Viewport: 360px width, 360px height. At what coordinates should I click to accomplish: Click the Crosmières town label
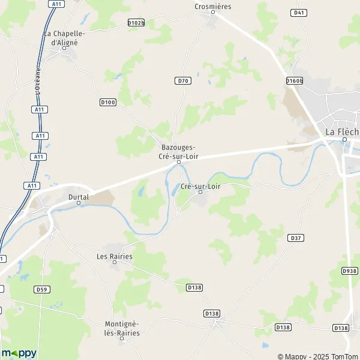point(212,7)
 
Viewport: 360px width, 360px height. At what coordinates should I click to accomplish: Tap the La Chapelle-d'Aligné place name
point(65,38)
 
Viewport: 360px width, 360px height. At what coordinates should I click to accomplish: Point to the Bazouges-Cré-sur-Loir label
point(178,152)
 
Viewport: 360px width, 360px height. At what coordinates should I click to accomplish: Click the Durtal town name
point(79,196)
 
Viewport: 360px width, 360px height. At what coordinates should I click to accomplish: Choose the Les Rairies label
point(114,256)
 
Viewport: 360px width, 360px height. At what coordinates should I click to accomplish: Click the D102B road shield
point(136,22)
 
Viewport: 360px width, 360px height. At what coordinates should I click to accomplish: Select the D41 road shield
point(298,12)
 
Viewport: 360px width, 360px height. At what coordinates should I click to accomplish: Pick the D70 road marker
point(183,80)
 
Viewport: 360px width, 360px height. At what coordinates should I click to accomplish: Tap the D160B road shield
point(295,80)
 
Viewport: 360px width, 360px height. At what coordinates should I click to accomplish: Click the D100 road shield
point(107,103)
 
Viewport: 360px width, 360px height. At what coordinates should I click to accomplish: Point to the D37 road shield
point(295,238)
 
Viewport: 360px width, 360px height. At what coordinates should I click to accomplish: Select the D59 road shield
point(41,289)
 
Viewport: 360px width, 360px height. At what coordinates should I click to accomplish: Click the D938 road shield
point(349,271)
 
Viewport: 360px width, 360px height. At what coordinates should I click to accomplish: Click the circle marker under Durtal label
point(79,203)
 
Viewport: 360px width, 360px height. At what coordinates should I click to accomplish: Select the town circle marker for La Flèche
point(344,140)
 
